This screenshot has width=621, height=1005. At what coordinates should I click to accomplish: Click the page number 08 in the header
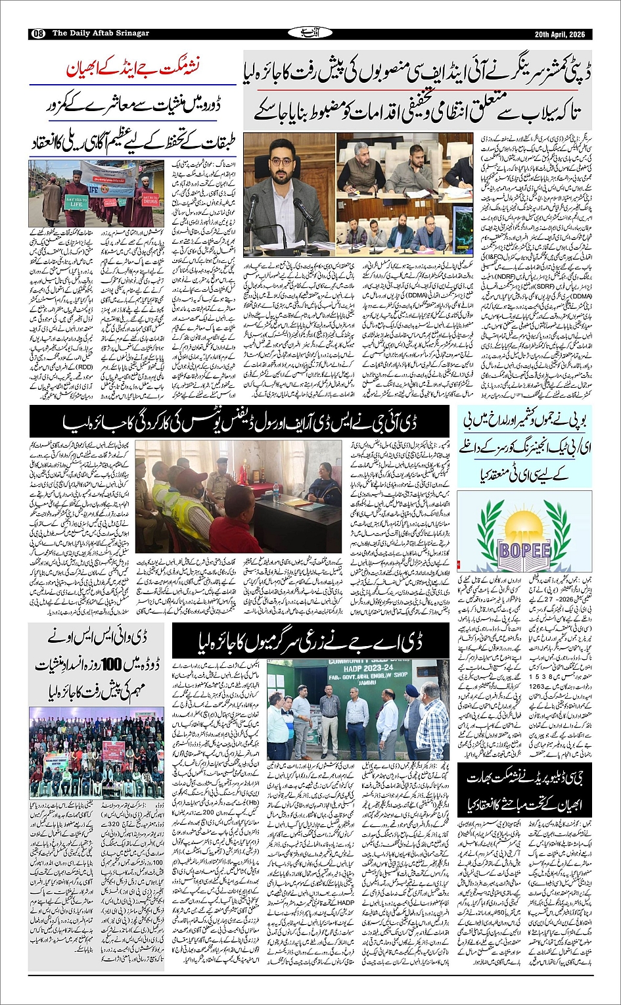(x=38, y=34)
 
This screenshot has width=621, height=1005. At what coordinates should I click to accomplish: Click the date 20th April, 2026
(x=558, y=34)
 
